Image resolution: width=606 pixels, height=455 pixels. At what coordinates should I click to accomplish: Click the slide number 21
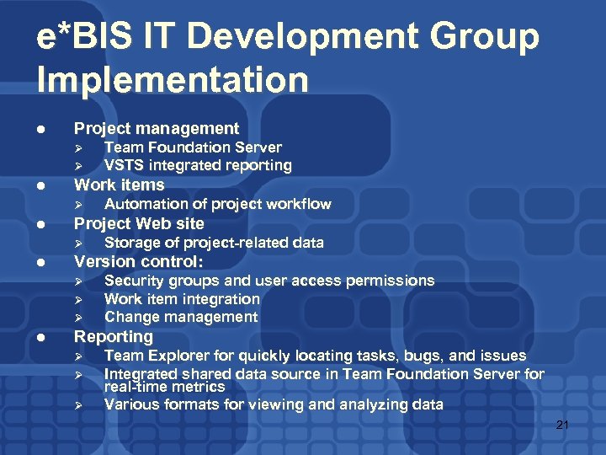pyautogui.click(x=562, y=426)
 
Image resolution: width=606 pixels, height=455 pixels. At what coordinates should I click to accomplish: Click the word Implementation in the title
pyautogui.click(x=173, y=80)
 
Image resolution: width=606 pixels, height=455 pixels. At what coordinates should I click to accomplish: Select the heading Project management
pyautogui.click(x=157, y=128)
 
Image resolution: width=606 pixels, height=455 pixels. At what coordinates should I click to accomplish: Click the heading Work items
pyautogui.click(x=120, y=185)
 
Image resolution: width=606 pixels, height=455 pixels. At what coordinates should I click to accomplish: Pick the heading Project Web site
pyautogui.click(x=139, y=223)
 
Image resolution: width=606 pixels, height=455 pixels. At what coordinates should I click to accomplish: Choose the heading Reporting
pyautogui.click(x=114, y=336)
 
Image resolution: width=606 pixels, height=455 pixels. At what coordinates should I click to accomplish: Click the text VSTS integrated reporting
pyautogui.click(x=198, y=165)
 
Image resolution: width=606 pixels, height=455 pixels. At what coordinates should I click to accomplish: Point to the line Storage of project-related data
pyautogui.click(x=214, y=243)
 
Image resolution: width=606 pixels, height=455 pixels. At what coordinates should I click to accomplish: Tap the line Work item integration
pyautogui.click(x=182, y=298)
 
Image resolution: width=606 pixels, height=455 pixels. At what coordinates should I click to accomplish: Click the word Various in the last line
pyautogui.click(x=130, y=404)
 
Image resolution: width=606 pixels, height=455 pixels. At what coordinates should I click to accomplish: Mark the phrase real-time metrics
pyautogui.click(x=164, y=387)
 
